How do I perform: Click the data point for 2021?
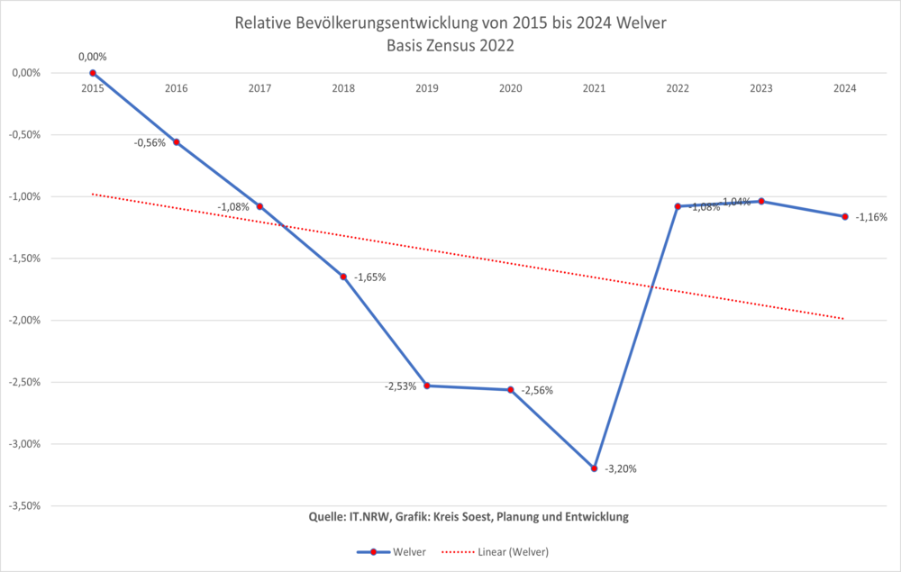click(594, 468)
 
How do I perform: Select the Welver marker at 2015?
click(93, 73)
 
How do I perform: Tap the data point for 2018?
click(343, 277)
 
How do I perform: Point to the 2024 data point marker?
click(844, 216)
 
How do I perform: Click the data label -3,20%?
click(620, 468)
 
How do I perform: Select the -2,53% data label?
click(401, 386)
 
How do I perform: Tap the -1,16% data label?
click(871, 217)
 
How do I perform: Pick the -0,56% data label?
click(150, 142)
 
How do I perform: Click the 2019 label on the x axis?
click(427, 88)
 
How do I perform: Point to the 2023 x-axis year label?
click(761, 88)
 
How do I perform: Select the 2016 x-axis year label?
click(177, 88)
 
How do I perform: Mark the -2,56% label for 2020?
click(536, 391)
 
